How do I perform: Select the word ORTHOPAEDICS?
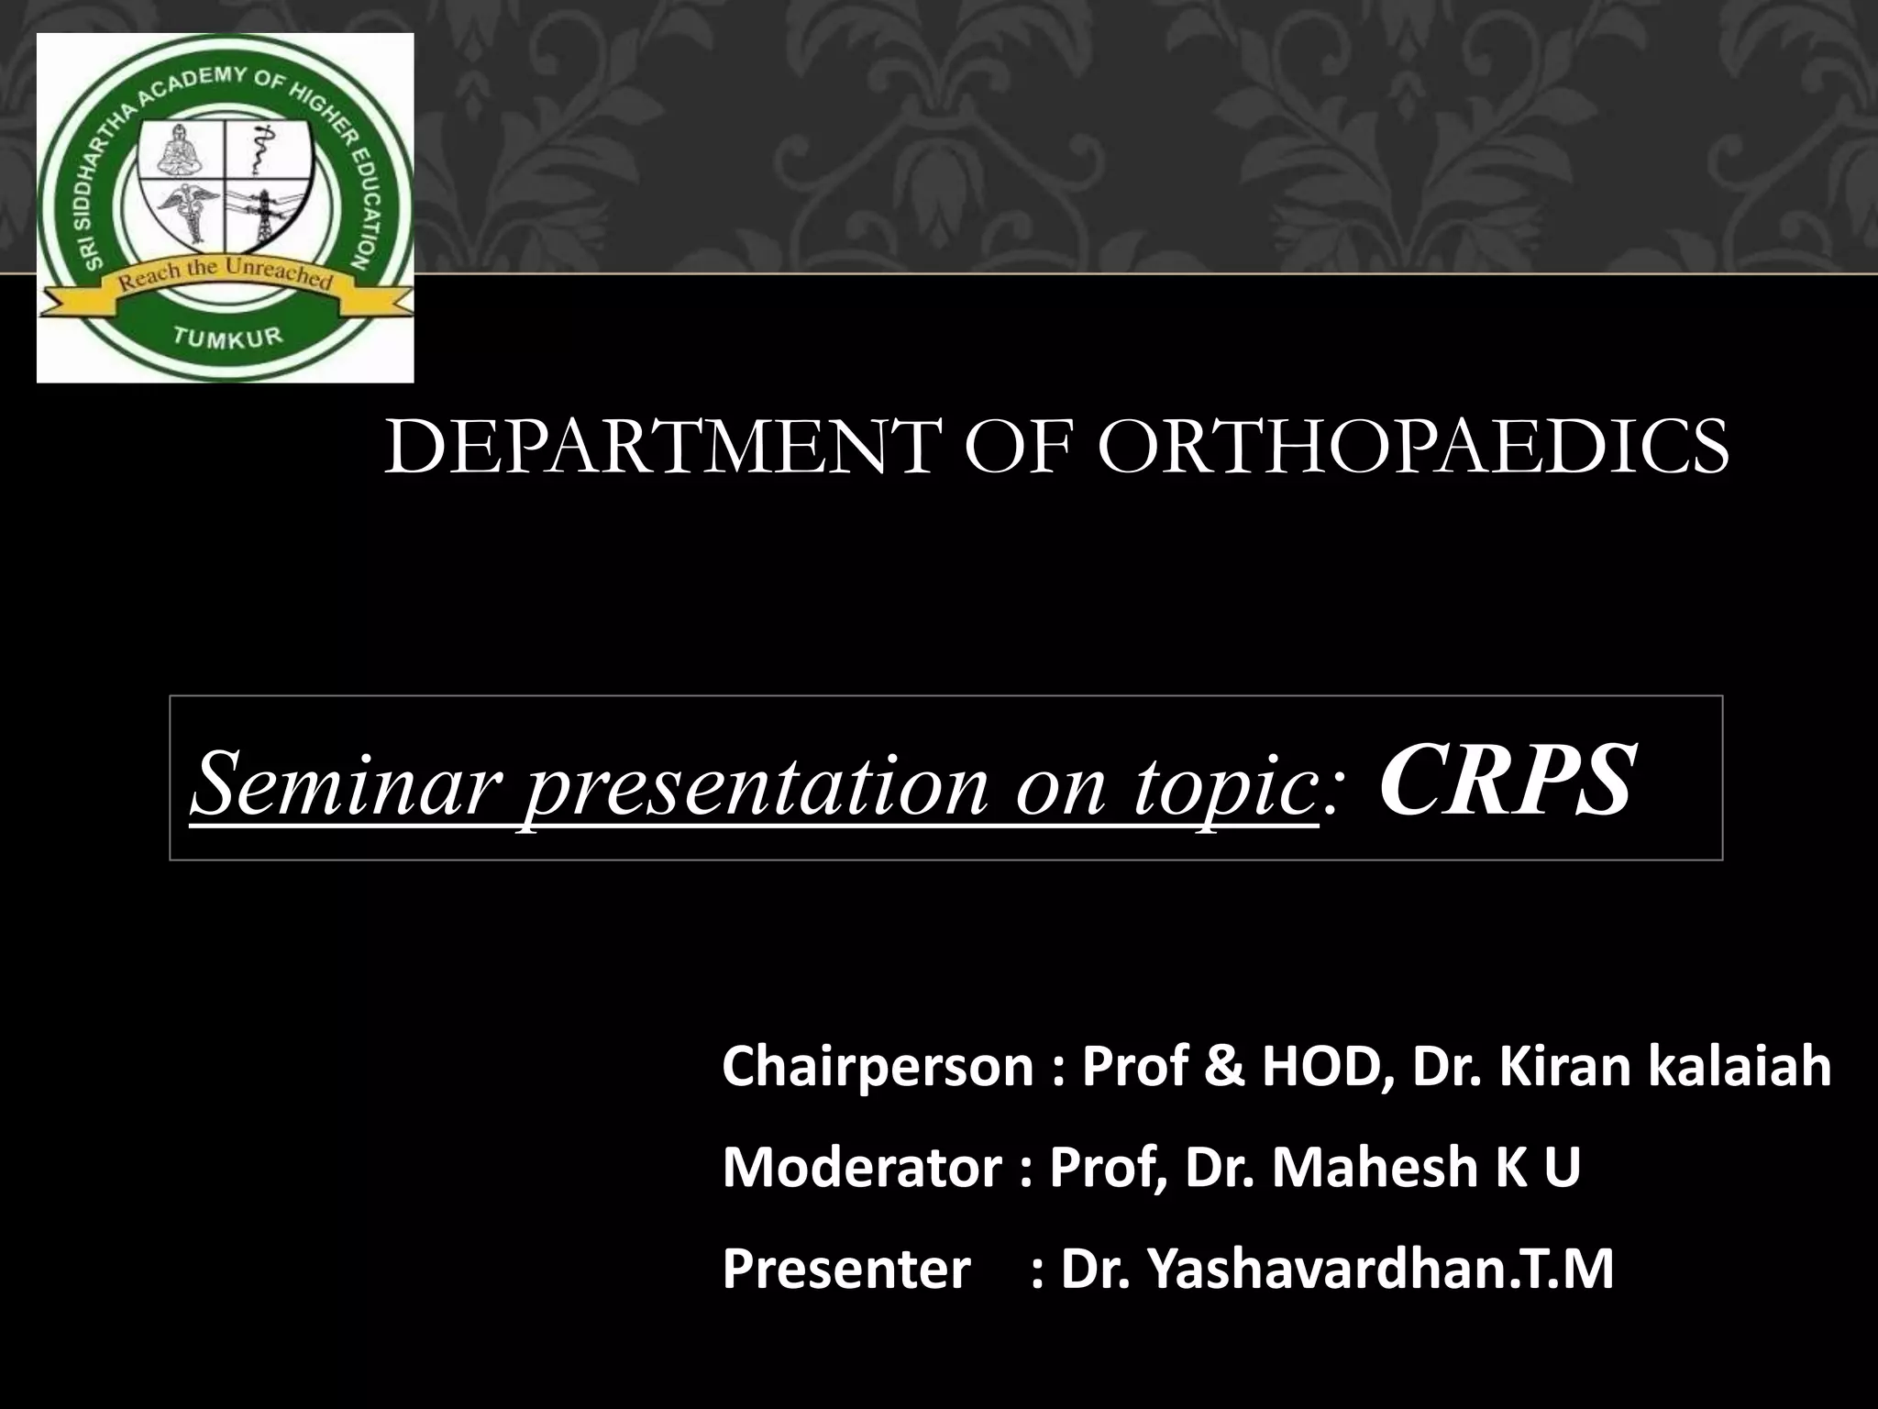point(1412,448)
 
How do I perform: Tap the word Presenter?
point(845,1270)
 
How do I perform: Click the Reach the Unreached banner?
point(225,276)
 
